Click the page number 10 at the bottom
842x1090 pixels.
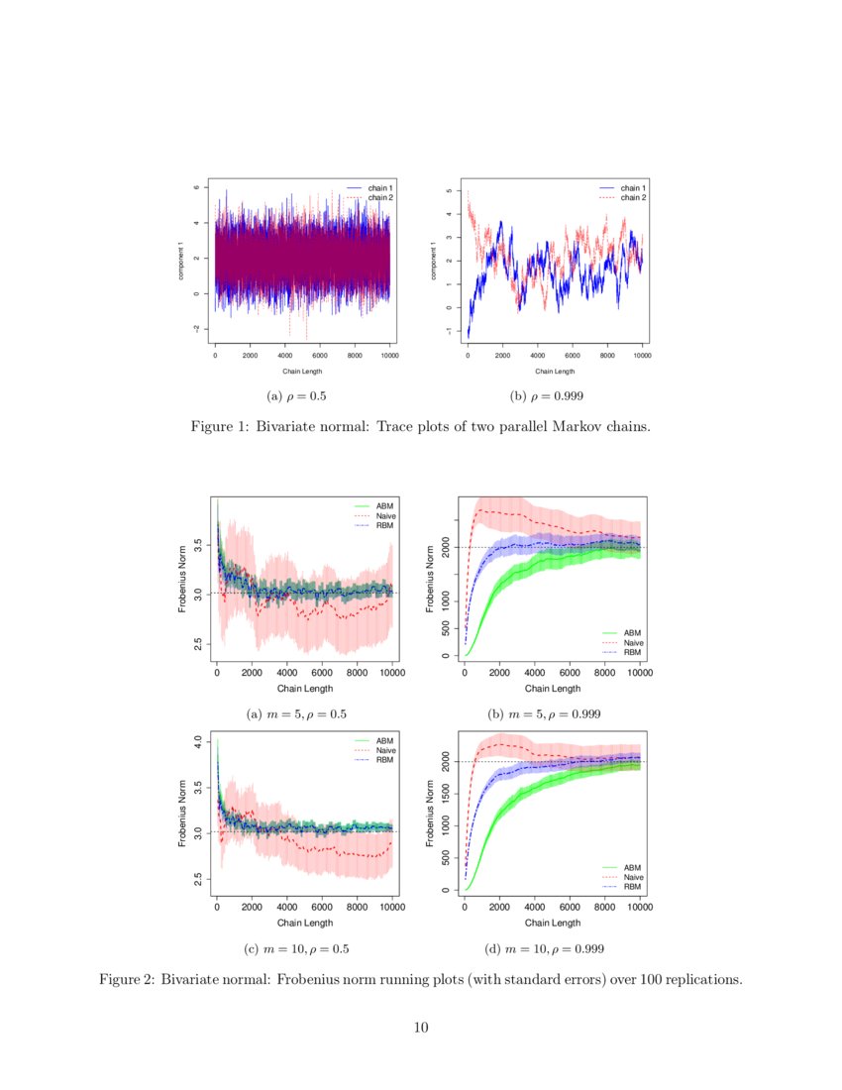click(x=421, y=1028)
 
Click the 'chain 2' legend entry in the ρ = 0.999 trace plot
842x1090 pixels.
click(x=633, y=197)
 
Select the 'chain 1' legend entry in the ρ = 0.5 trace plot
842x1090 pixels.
click(x=380, y=188)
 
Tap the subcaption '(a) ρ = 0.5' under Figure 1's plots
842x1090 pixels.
click(x=297, y=395)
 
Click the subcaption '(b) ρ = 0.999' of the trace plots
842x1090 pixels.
click(x=546, y=395)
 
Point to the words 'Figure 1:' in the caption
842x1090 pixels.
click(x=219, y=427)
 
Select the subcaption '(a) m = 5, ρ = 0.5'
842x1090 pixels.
click(x=296, y=713)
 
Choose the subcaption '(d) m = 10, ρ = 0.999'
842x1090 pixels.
click(x=544, y=948)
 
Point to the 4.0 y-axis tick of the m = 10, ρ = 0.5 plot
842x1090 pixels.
click(x=198, y=741)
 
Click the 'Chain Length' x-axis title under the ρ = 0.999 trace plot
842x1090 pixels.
click(x=555, y=372)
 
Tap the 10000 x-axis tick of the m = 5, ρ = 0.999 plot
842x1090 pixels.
click(x=639, y=672)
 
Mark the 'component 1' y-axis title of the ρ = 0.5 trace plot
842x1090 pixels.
click(x=181, y=260)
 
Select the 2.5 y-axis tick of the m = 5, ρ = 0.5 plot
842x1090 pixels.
click(x=198, y=645)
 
